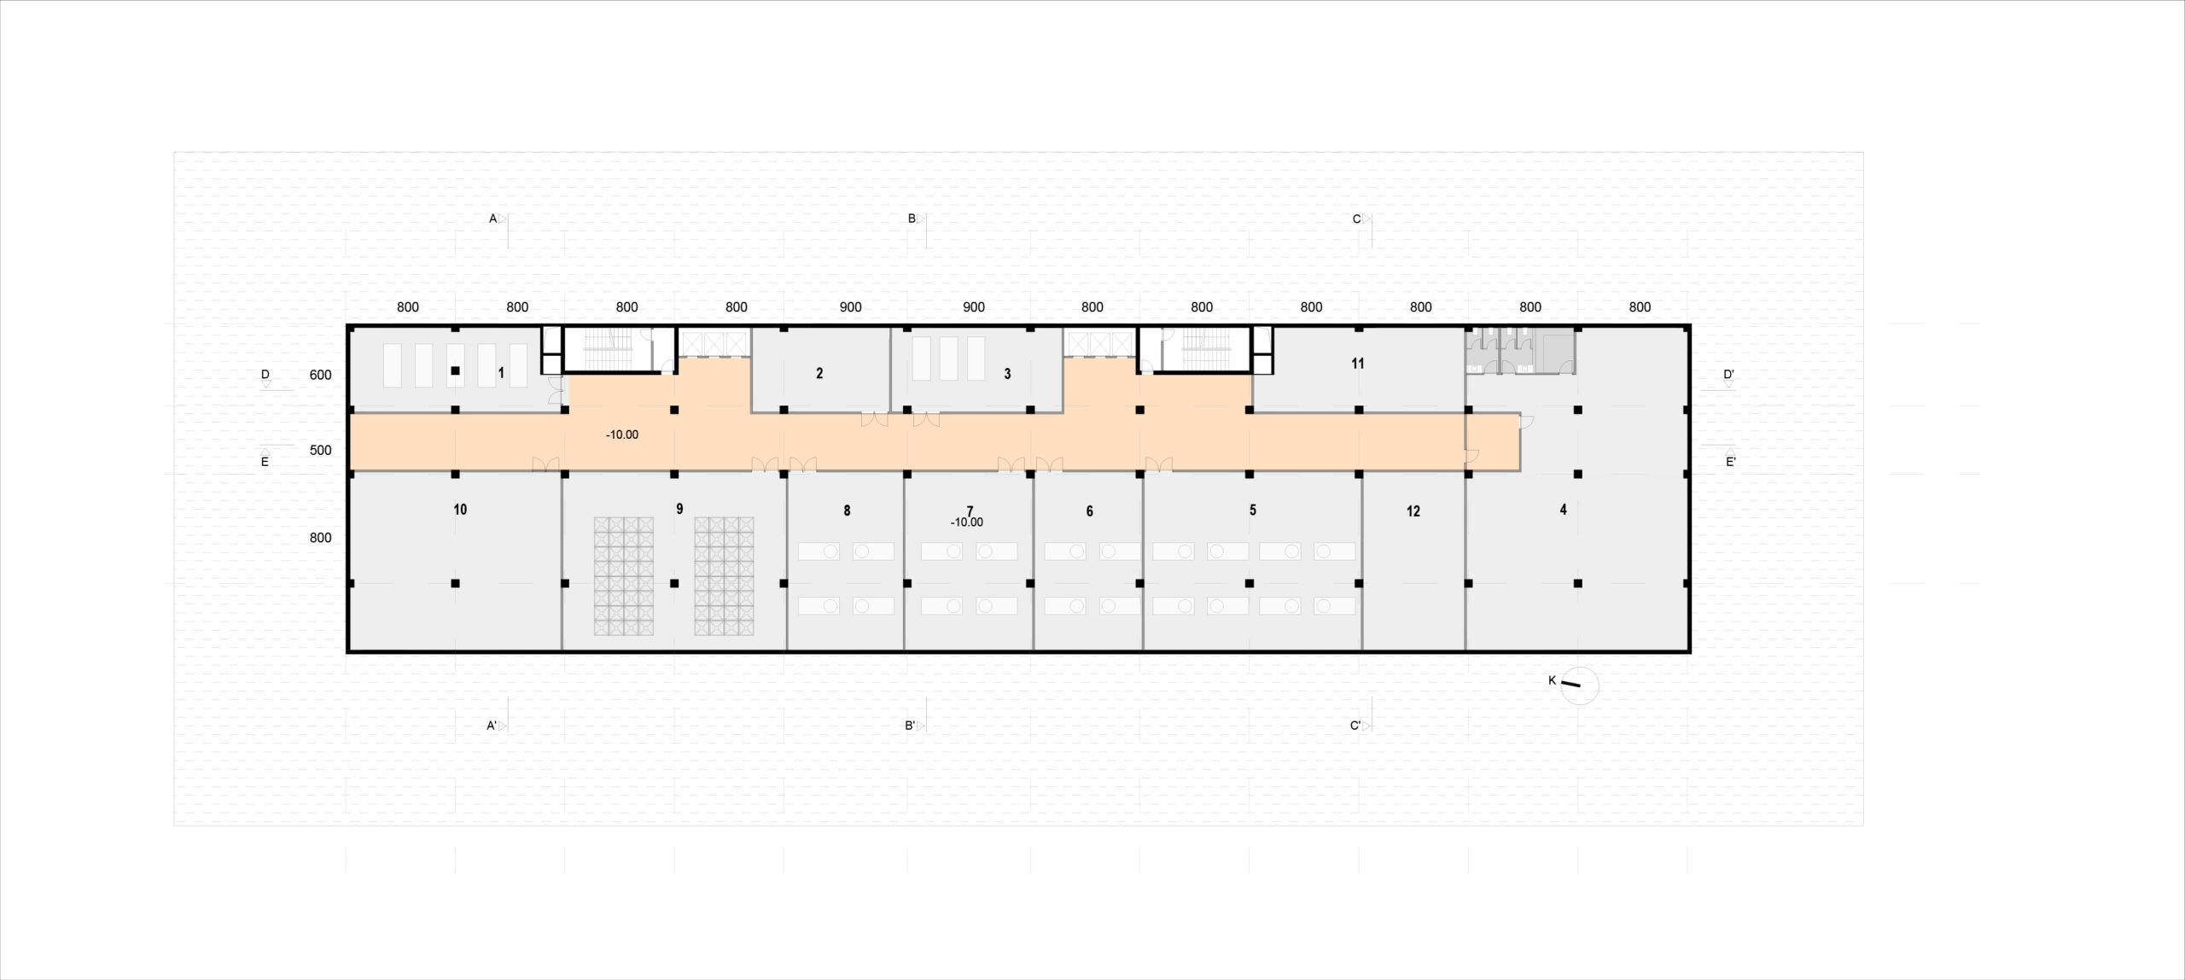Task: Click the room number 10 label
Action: [460, 510]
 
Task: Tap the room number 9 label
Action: [679, 509]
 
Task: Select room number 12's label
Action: [1413, 511]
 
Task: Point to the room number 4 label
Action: [1563, 510]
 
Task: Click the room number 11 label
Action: [1357, 364]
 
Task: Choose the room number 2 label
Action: [819, 373]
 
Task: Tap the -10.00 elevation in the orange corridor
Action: [622, 435]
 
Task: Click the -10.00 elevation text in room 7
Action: [967, 522]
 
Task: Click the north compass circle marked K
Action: [1579, 685]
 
